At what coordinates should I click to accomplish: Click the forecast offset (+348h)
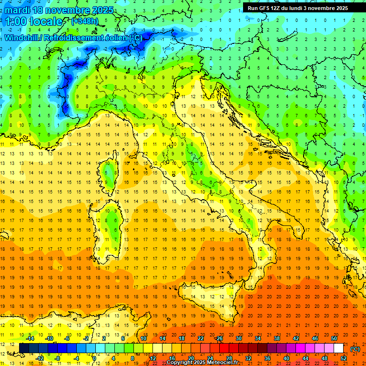tap(85, 21)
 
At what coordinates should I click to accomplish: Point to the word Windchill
tap(22, 38)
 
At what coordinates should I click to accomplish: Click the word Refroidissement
tap(73, 38)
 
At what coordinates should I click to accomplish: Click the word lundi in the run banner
tap(303, 8)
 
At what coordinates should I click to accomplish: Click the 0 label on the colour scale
tap(94, 358)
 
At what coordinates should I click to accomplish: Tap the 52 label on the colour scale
tap(344, 358)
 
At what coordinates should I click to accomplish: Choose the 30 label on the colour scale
tap(238, 338)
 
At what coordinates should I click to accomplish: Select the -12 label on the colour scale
tap(40, 358)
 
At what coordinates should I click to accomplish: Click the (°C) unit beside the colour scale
tap(355, 349)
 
